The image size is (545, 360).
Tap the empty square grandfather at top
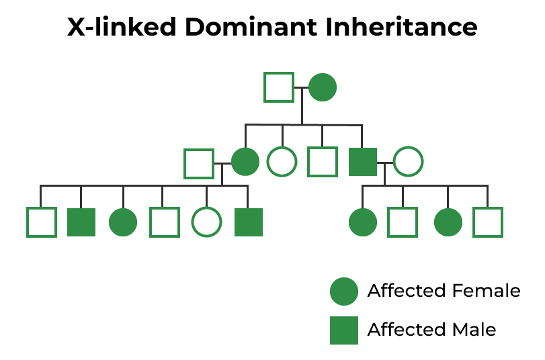click(278, 87)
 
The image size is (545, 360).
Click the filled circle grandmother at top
click(323, 87)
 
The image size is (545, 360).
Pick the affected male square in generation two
click(363, 162)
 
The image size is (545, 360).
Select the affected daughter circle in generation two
click(245, 162)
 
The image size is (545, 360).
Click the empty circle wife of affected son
click(407, 162)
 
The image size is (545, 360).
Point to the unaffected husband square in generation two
click(199, 163)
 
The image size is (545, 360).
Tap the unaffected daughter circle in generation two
click(282, 162)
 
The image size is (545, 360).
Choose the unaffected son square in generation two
click(322, 162)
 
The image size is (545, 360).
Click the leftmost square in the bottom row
click(41, 222)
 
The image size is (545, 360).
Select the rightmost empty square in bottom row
click(488, 222)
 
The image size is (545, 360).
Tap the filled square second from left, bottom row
click(81, 222)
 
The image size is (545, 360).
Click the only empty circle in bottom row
click(206, 222)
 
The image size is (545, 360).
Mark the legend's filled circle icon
click(344, 291)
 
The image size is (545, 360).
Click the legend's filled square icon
click(344, 330)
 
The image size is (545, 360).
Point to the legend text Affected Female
click(444, 291)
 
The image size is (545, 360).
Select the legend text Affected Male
click(431, 330)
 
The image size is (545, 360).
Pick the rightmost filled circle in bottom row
click(448, 222)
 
